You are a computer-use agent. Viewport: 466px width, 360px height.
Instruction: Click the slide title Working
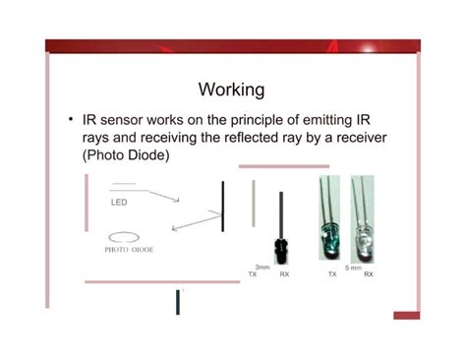pos(231,90)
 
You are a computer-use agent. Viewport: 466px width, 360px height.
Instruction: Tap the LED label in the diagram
pos(119,203)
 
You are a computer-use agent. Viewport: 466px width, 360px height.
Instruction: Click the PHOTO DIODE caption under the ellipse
pos(128,250)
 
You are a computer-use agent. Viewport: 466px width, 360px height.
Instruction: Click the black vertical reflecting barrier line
pos(223,206)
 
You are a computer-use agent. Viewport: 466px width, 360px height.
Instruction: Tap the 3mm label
pos(262,268)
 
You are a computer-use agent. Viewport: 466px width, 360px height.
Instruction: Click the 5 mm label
pos(353,268)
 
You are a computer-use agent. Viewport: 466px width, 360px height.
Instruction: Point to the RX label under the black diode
pos(284,274)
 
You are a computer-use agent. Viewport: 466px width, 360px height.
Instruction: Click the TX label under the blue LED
pos(332,274)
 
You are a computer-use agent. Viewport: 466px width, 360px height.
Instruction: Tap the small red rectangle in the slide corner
pos(406,315)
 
